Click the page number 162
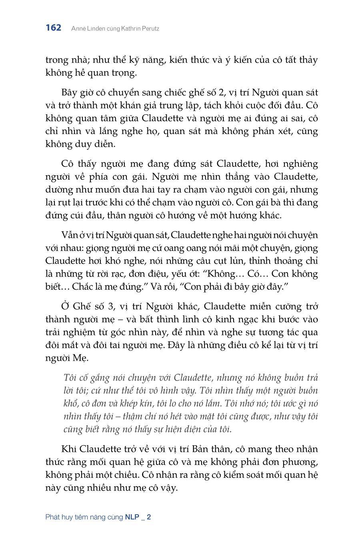point(54,28)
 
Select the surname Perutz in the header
point(149,28)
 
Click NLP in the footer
point(132,517)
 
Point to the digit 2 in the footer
point(149,517)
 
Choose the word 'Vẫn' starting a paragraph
point(68,235)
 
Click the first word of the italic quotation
point(70,378)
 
